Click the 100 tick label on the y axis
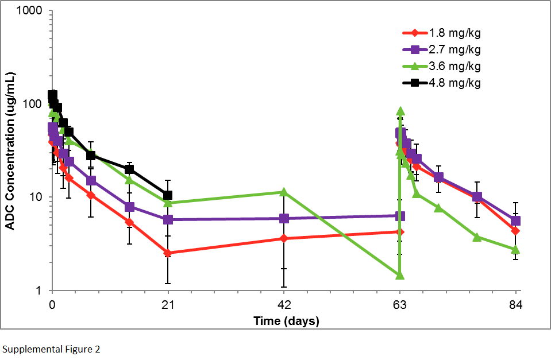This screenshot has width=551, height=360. tap(34, 104)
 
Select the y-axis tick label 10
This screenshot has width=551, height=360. tap(37, 197)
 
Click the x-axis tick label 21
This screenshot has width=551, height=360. tap(168, 304)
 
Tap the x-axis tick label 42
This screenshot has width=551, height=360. tap(283, 304)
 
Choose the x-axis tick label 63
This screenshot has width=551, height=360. tap(399, 304)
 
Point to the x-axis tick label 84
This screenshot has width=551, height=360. tap(515, 304)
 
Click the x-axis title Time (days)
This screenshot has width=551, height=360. tap(286, 320)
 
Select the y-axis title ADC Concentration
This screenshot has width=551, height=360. tap(10, 151)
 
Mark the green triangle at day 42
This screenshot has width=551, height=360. tap(283, 192)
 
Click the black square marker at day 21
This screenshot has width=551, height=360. tap(168, 195)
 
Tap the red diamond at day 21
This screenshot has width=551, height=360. tap(168, 253)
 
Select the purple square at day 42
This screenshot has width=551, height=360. tap(283, 219)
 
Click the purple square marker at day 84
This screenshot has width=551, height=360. tap(515, 221)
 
